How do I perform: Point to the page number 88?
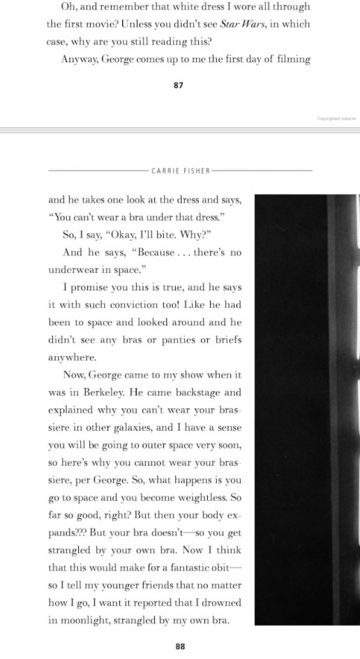click(180, 646)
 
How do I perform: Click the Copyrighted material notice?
click(336, 118)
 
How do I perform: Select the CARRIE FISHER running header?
click(181, 170)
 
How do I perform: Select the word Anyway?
click(79, 59)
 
